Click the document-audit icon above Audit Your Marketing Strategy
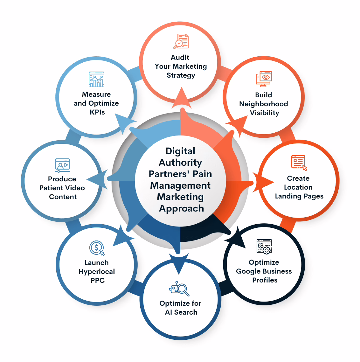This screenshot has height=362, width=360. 181,41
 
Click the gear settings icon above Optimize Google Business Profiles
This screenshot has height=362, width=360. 264,247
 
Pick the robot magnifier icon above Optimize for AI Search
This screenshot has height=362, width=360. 179,289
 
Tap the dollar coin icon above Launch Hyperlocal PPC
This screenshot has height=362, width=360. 97,248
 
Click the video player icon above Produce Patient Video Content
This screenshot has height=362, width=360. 62,165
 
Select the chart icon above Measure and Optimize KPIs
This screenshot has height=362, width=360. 96,80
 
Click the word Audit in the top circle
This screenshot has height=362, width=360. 180,57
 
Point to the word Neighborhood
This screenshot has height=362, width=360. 264,104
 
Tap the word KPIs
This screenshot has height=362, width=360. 97,112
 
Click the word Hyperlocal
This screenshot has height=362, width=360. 97,272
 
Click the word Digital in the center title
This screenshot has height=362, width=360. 180,151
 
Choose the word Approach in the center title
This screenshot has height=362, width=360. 181,208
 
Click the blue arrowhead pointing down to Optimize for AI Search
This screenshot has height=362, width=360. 179,263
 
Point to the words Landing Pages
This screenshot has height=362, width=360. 299,196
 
